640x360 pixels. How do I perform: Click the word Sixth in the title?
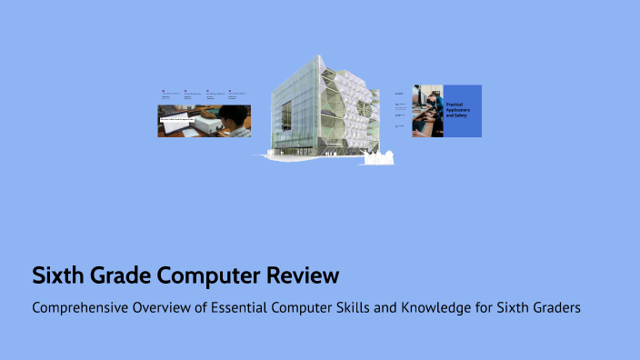(56, 275)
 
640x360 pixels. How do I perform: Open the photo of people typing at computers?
(427, 111)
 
